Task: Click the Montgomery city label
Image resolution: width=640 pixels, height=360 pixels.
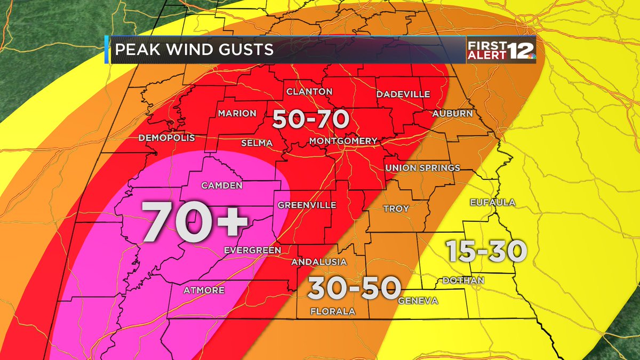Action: tap(343, 141)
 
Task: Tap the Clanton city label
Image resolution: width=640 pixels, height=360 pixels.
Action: tap(309, 92)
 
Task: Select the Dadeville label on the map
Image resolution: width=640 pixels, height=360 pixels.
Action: tap(403, 94)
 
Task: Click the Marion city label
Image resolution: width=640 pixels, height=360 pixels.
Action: tap(237, 114)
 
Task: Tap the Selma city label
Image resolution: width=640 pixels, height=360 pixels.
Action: tap(257, 143)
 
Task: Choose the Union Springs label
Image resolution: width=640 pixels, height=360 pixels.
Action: tap(423, 168)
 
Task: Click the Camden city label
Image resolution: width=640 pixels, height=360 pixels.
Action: tap(221, 186)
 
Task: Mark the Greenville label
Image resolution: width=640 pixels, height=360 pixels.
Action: tap(307, 205)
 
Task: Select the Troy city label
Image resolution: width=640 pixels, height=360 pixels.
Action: tap(396, 209)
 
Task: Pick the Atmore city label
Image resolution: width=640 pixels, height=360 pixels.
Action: tap(204, 291)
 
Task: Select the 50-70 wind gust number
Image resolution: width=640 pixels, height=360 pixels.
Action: tap(310, 119)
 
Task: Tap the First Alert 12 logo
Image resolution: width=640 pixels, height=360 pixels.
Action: tap(501, 50)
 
